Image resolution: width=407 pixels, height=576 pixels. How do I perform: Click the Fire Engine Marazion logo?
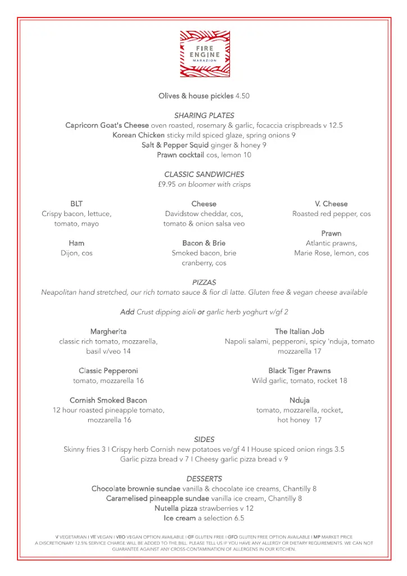[205, 54]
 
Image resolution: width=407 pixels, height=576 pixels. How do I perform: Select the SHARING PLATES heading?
[204, 115]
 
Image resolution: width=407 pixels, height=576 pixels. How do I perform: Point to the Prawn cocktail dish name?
[180, 155]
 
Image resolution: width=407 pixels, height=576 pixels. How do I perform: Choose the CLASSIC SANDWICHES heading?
[204, 174]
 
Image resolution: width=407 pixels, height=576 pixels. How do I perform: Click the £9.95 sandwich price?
[167, 184]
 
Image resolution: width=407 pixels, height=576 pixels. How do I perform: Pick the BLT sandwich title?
[76, 204]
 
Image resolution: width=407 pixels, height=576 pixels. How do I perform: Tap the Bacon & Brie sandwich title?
[204, 243]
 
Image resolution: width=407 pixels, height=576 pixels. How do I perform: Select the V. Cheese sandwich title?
[331, 204]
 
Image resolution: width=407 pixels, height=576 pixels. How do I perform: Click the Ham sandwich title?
[76, 243]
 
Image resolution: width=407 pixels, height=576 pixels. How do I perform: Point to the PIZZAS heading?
[204, 282]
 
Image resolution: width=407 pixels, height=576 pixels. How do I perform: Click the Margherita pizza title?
[108, 331]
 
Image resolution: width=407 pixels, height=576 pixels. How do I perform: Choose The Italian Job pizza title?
[299, 331]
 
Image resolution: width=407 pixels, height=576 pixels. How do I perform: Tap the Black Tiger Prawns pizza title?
[299, 371]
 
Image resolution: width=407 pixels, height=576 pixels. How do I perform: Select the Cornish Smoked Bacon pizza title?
[108, 400]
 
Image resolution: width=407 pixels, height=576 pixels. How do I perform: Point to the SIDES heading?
[204, 439]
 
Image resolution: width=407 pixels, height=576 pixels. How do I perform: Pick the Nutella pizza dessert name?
[177, 508]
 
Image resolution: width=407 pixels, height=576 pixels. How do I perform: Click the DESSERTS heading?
[204, 479]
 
